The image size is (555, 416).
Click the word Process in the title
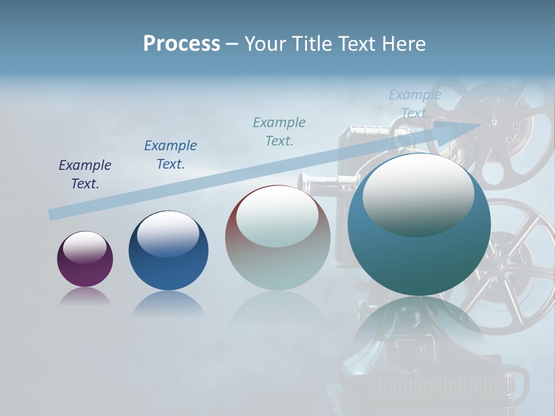click(182, 44)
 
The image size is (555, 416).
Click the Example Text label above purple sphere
click(85, 174)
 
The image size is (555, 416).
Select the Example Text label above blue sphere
click(171, 155)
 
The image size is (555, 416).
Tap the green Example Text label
click(279, 132)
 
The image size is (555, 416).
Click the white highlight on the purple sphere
click(85, 247)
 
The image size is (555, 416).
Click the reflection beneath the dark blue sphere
click(168, 303)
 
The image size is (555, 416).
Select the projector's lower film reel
click(509, 266)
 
